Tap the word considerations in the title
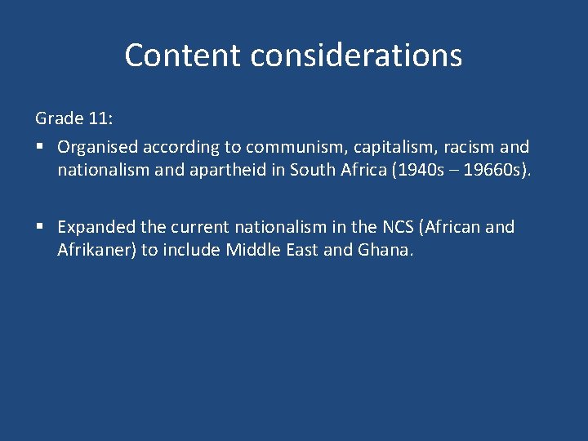pos(356,56)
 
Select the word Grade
pos(60,118)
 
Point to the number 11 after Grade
pos(100,118)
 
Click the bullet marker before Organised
pos(39,148)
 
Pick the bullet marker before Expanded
pos(39,227)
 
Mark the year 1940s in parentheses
pos(412,171)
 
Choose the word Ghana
pos(385,250)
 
